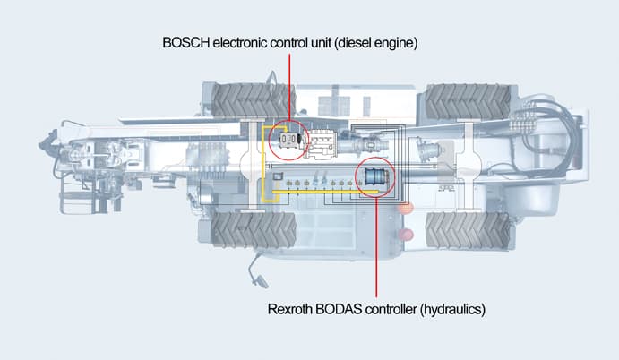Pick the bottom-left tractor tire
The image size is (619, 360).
click(254, 230)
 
